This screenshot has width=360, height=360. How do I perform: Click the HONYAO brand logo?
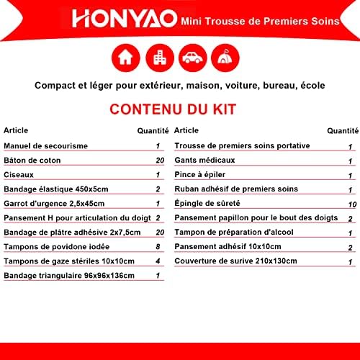(125, 18)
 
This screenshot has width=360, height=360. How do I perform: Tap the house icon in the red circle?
(125, 58)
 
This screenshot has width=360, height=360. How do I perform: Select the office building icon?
(160, 58)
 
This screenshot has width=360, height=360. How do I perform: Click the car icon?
(192, 58)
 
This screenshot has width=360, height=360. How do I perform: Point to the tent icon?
(225, 57)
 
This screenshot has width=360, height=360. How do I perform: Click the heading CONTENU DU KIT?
(173, 109)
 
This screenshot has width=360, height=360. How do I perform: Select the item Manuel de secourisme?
(46, 146)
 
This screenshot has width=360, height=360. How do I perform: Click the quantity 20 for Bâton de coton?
(160, 161)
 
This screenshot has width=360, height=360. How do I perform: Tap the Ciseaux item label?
(19, 175)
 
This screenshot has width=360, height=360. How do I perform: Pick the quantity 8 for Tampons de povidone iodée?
(158, 246)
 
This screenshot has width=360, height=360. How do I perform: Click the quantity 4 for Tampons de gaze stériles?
(158, 261)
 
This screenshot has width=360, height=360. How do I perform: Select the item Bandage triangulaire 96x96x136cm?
(69, 276)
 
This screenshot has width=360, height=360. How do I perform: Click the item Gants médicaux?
(204, 160)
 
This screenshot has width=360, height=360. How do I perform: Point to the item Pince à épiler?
(200, 175)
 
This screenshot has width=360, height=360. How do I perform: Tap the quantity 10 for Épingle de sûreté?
(353, 204)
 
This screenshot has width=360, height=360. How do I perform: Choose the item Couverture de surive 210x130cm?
(235, 261)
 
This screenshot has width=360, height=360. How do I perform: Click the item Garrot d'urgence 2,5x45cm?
(54, 204)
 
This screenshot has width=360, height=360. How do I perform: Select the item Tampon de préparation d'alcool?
(234, 233)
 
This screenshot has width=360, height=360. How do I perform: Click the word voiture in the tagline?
(242, 86)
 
